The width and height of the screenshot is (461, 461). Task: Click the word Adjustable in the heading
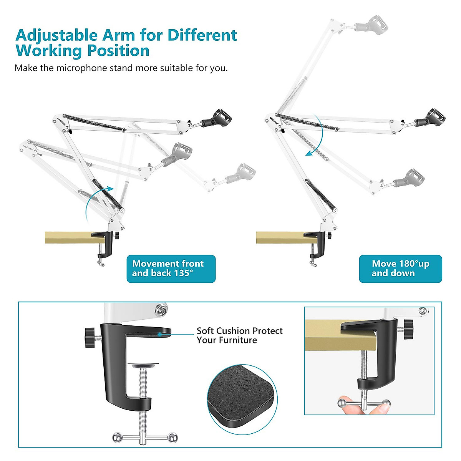pyautogui.click(x=56, y=35)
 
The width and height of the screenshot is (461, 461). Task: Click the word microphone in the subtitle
pyautogui.click(x=81, y=68)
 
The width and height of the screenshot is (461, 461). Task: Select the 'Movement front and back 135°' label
pyautogui.click(x=171, y=269)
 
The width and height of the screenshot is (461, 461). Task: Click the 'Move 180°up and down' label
pyautogui.click(x=400, y=269)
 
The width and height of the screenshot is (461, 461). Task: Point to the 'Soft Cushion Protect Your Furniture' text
pyautogui.click(x=239, y=335)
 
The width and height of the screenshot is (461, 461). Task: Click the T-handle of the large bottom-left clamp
pyautogui.click(x=145, y=437)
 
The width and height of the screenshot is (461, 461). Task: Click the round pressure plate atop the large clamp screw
pyautogui.click(x=144, y=365)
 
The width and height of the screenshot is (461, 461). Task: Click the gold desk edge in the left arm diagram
pyautogui.click(x=69, y=237)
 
